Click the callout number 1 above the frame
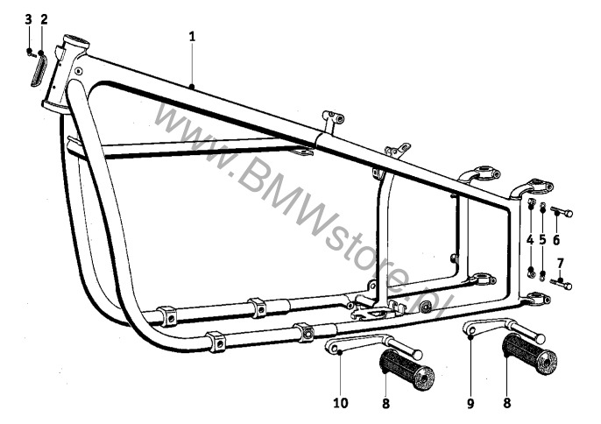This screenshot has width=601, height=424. (x=192, y=37)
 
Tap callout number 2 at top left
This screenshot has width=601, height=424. (x=44, y=19)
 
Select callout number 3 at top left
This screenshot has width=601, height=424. (x=29, y=19)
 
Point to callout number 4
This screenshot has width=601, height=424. (x=530, y=240)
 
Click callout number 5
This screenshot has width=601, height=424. (x=542, y=240)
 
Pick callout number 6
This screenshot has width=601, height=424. (x=556, y=240)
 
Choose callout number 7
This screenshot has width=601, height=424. (x=561, y=264)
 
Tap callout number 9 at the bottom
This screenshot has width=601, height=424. (x=470, y=403)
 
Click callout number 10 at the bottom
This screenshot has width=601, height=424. (x=341, y=403)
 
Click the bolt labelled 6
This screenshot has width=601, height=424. (x=562, y=212)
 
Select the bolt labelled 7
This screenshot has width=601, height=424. (x=561, y=285)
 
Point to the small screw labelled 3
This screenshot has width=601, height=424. (x=31, y=53)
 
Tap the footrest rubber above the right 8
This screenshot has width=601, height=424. (x=529, y=354)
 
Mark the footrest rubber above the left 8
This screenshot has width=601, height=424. (x=407, y=370)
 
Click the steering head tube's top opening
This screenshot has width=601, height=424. (x=77, y=40)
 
